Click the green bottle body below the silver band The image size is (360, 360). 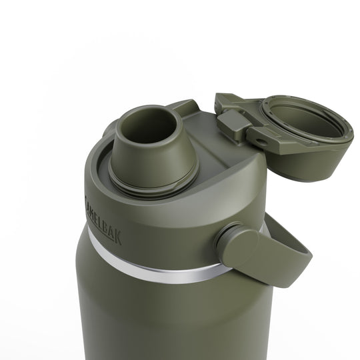click(x=153, y=320)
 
